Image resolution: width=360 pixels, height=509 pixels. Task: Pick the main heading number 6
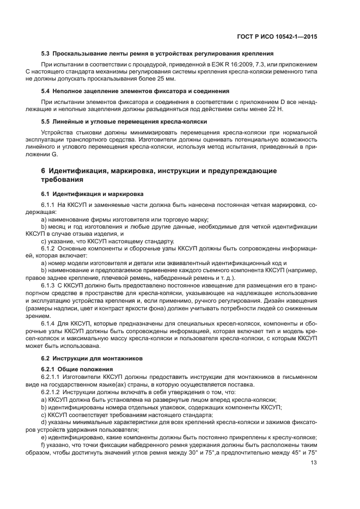pos(44,170)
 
